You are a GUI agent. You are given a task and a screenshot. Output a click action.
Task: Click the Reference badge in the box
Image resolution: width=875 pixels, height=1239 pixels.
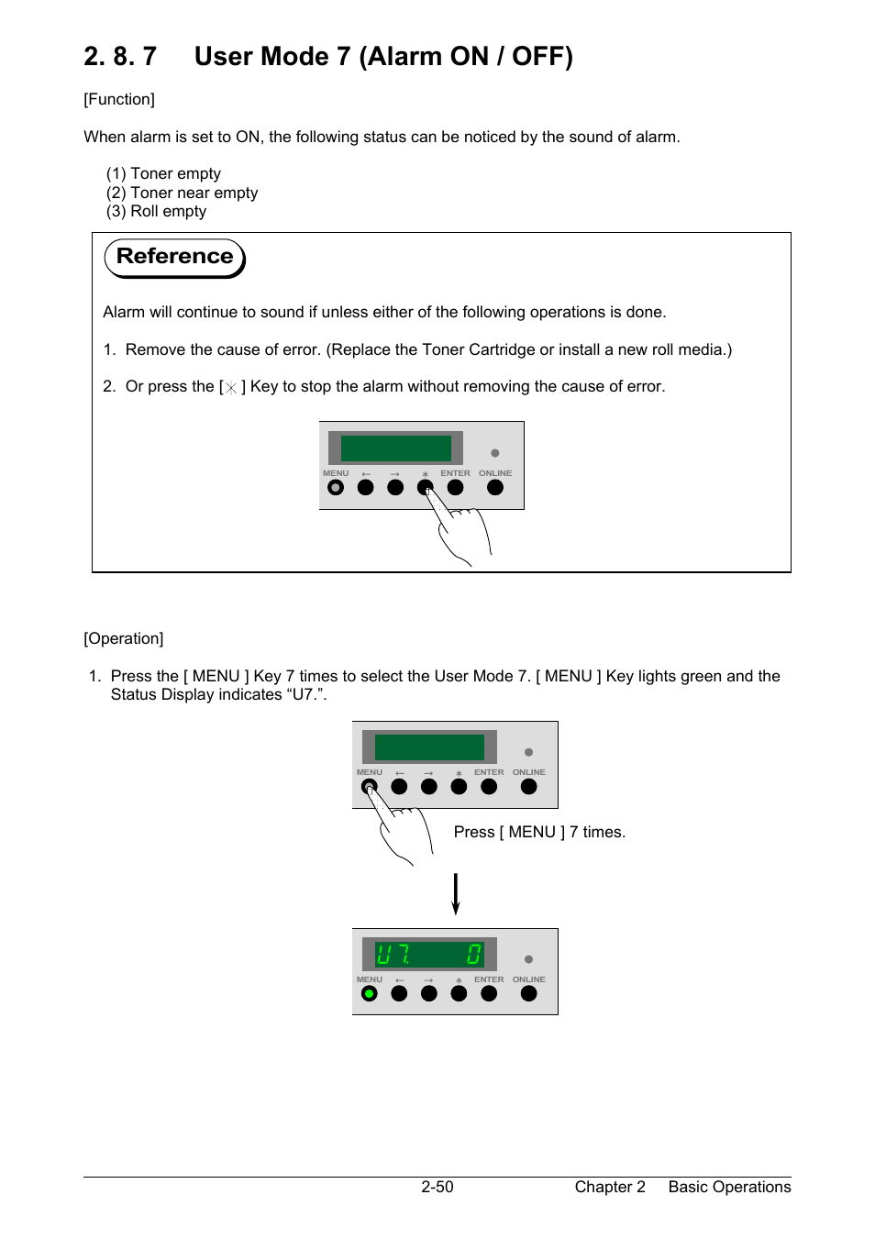click(x=174, y=257)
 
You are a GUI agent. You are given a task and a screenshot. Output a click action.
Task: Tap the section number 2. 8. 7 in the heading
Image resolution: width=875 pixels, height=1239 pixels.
click(x=120, y=57)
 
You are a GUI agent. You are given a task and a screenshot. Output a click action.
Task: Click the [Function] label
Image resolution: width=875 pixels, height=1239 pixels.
click(x=119, y=99)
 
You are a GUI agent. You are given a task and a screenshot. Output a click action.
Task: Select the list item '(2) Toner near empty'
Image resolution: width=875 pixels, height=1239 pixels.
click(x=182, y=193)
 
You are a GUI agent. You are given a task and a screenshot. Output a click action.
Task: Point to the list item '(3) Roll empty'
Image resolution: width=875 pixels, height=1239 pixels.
click(x=156, y=211)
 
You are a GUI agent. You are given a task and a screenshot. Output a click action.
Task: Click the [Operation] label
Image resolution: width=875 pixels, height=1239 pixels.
click(x=124, y=638)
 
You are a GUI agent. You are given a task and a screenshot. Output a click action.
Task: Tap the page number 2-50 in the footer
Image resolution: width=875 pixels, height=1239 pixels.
click(x=437, y=1187)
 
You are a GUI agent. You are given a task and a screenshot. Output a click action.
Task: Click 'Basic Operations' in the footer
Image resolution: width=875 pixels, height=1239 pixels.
click(x=729, y=1187)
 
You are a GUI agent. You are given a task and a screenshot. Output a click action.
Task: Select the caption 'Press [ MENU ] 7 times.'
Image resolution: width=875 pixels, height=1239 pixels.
click(x=539, y=832)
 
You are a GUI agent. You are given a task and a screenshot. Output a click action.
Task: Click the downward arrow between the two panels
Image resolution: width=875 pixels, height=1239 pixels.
click(x=455, y=894)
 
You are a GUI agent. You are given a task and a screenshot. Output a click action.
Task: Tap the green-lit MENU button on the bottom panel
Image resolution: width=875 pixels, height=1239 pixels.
click(x=370, y=993)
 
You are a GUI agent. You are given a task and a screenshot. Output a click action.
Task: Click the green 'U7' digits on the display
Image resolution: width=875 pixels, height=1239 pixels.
click(x=393, y=955)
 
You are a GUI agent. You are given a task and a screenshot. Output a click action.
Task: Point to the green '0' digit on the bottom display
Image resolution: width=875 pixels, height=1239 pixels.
click(x=473, y=955)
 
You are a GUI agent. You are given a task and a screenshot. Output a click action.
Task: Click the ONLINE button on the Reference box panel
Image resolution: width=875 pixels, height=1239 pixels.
click(x=495, y=488)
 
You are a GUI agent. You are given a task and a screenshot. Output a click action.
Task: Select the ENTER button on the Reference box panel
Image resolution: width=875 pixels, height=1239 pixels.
click(x=456, y=488)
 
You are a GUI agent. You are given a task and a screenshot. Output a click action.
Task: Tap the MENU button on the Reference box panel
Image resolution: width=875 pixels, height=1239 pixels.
click(x=336, y=488)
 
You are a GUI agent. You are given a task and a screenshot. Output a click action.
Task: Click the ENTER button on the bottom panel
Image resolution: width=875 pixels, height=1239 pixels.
click(x=489, y=993)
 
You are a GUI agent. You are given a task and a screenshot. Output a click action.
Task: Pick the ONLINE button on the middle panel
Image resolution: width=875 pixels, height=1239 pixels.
click(x=528, y=787)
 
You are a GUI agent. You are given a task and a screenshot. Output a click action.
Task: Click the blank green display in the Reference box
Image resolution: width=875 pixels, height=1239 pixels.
click(x=396, y=448)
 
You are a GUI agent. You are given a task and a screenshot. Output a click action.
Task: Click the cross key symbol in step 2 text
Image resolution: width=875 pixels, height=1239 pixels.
click(x=231, y=388)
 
